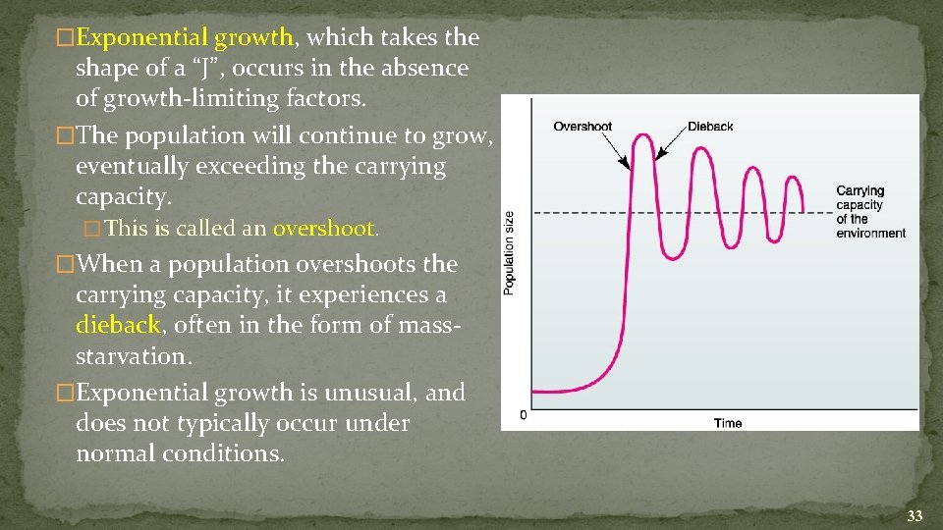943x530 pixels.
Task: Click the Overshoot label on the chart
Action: click(x=582, y=127)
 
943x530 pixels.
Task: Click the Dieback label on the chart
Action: click(x=710, y=127)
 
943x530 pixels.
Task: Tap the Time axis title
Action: click(x=728, y=423)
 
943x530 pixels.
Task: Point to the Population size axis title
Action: click(x=509, y=253)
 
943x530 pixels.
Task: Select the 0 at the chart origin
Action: click(x=523, y=415)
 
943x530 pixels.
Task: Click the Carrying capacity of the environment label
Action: click(x=870, y=212)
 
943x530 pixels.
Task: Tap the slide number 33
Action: click(x=915, y=515)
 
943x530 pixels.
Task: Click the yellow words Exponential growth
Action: click(x=185, y=38)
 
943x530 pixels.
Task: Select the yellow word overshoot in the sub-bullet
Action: click(x=324, y=229)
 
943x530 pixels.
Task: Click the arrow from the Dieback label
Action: click(x=673, y=142)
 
